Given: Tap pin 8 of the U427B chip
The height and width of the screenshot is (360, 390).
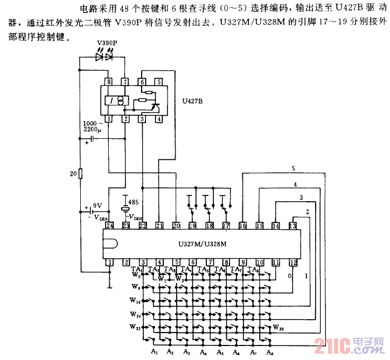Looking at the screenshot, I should pos(109,82).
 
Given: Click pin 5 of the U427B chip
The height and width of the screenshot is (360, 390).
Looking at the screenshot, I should pos(159,82).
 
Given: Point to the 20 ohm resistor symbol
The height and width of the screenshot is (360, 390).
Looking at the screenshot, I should pos(80,173).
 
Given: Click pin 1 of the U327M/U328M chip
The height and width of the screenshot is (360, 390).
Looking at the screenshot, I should pos(109,263).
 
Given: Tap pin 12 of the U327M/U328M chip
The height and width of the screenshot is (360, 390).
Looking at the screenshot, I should pos(293,263).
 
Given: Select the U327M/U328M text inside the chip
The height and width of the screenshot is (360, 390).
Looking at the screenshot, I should pos(202,243).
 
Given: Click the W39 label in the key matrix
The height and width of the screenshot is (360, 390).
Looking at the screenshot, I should pos(279,327).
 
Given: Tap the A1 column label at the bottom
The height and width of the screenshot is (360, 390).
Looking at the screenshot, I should pos(154,351).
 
